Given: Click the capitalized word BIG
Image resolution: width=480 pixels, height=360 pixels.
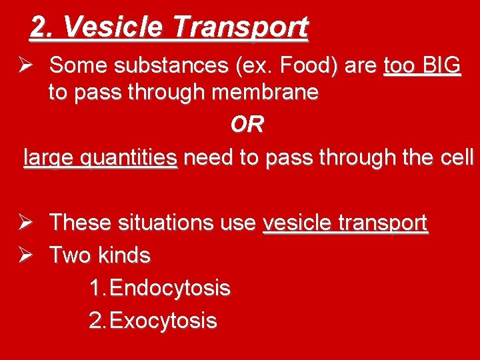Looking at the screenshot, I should tap(441, 65).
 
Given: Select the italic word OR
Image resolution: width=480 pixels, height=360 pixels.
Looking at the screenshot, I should tap(247, 125).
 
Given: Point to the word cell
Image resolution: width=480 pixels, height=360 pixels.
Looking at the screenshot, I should tap(457, 158).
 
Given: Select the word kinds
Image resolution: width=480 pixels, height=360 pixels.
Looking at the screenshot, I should tap(124, 255).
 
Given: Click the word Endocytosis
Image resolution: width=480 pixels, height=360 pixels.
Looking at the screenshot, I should tap(170, 288).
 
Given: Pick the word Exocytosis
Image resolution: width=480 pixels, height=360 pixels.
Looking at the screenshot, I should tap(163, 321).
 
